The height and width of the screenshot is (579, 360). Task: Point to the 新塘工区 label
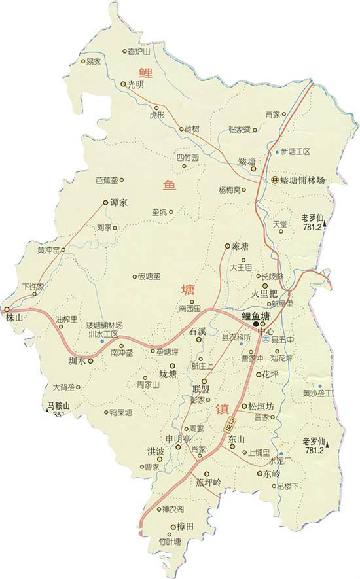295,152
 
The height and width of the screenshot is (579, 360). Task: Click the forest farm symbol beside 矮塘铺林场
275,179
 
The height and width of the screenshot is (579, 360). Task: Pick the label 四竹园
187,158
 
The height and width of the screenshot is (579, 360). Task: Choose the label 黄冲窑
47,250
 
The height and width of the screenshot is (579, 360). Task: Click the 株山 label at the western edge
14,317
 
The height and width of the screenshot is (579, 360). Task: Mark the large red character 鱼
171,186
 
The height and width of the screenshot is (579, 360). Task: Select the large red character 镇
223,410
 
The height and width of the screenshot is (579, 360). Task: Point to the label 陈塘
241,246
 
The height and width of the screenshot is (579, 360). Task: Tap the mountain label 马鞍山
58,406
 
